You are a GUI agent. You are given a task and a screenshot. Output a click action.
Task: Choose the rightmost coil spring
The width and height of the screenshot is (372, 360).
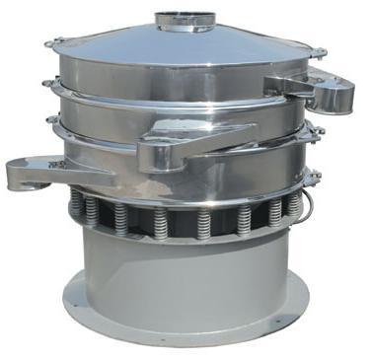[295, 205]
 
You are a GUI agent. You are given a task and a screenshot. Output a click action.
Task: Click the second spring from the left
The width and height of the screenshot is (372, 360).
[94, 212]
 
